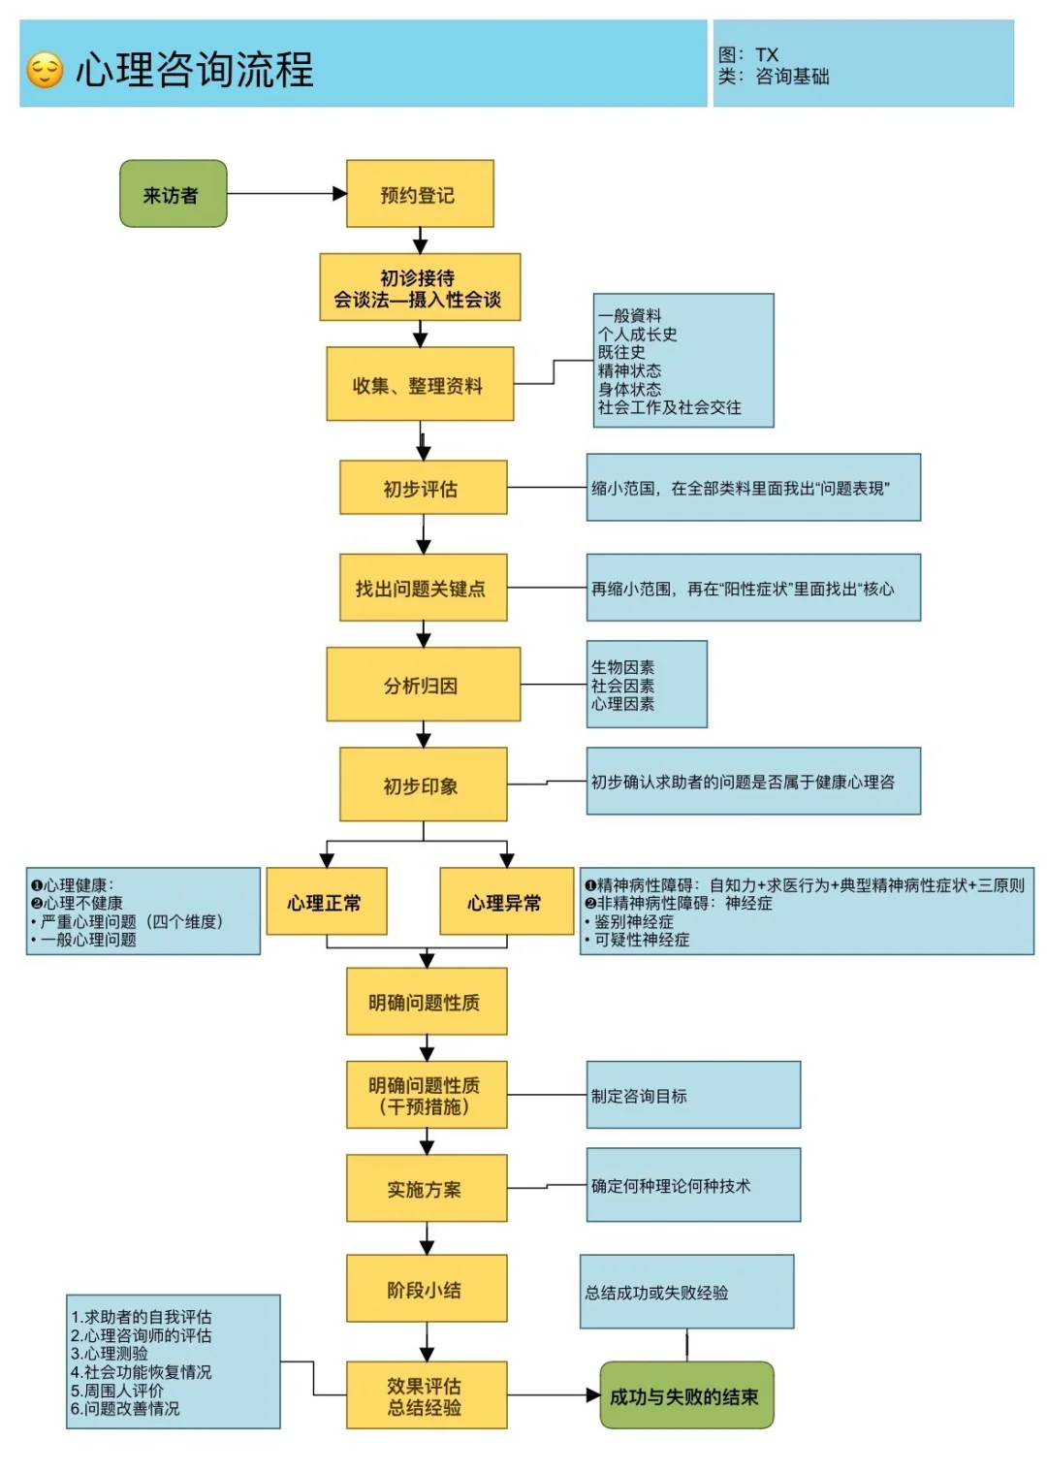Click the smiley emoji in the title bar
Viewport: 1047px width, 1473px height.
[45, 70]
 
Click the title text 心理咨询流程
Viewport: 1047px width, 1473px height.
[195, 70]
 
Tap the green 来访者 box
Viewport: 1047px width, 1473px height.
[173, 194]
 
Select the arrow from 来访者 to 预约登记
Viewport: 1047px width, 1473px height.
[286, 194]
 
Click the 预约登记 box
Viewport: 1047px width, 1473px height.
[420, 194]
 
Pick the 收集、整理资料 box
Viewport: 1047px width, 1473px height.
[420, 385]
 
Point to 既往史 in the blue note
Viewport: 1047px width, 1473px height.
[621, 352]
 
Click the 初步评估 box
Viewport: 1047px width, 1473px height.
[423, 488]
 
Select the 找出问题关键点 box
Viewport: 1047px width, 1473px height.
[423, 588]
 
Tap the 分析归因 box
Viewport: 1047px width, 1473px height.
[423, 685]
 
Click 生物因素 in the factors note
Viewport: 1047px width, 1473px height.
[622, 667]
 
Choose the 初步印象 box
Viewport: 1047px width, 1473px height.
[423, 785]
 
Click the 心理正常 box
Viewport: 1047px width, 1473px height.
[326, 902]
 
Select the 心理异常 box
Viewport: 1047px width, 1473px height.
[506, 902]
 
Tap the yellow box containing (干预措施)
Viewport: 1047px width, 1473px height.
[427, 1095]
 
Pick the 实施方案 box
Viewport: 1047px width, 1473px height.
[427, 1188]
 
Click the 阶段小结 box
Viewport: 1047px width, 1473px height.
[427, 1289]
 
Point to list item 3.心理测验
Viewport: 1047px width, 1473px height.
[110, 1354]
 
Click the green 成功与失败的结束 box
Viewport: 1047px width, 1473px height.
[686, 1395]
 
